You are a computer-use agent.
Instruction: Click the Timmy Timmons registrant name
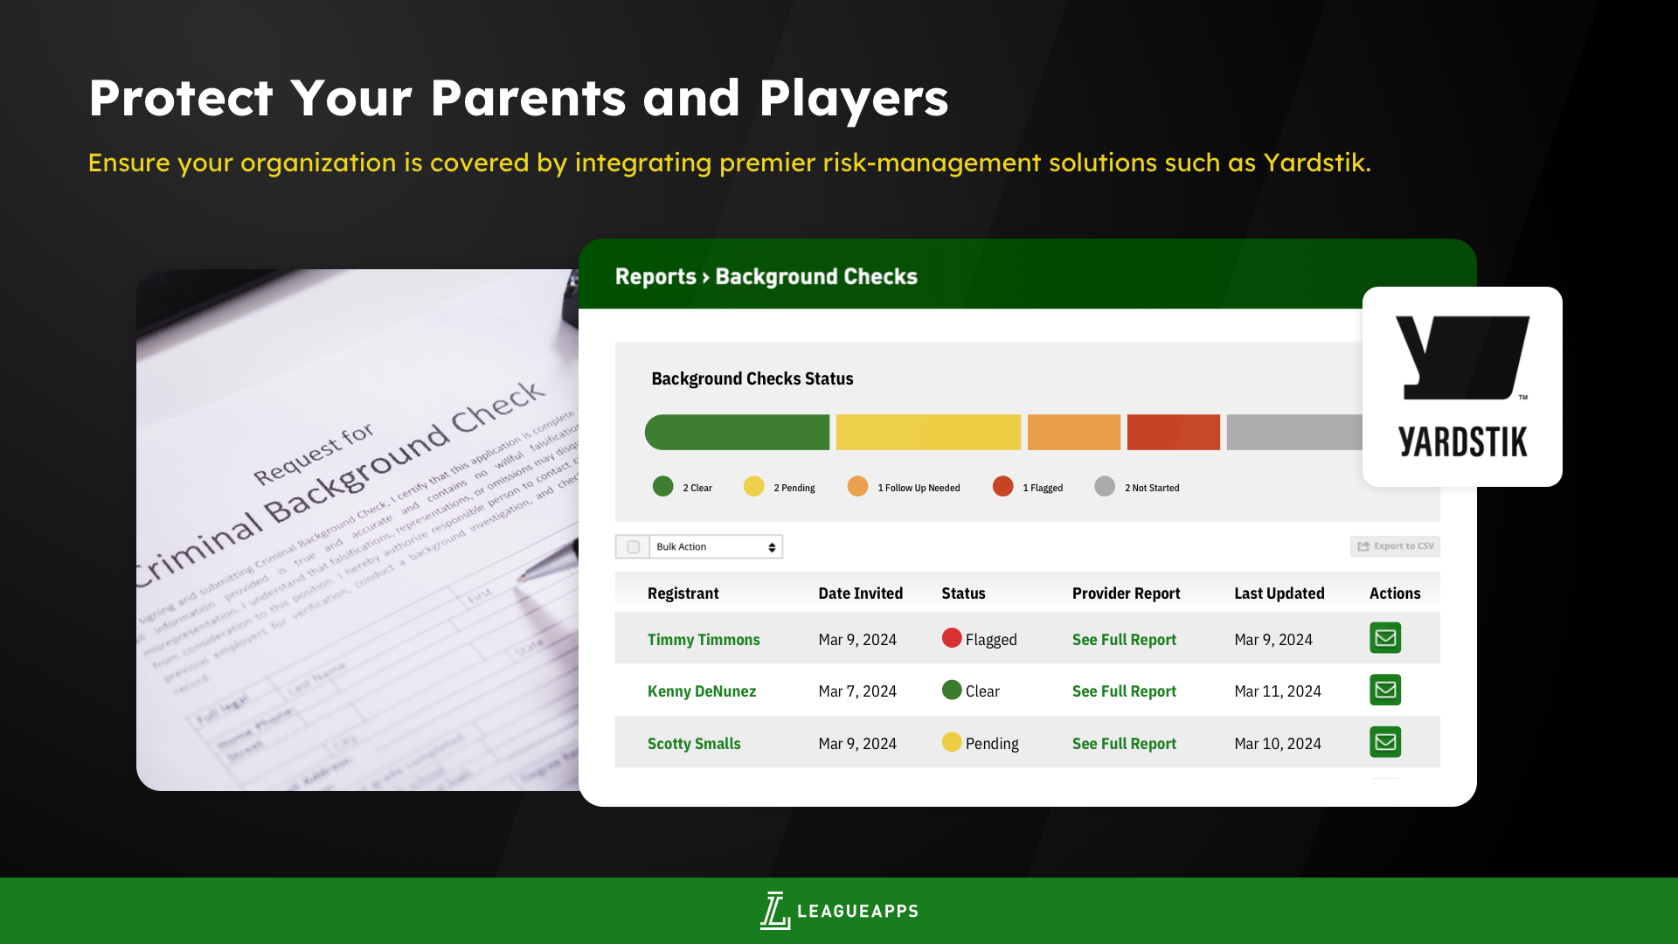704,640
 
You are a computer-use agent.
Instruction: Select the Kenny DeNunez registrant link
702,691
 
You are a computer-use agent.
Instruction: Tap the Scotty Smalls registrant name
694,744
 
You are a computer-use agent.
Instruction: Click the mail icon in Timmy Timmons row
1385,638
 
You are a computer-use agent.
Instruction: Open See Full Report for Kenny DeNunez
1124,691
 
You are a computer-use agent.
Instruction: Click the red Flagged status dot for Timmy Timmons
952,638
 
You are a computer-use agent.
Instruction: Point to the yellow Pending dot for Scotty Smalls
952,742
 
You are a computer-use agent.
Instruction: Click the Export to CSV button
1395,546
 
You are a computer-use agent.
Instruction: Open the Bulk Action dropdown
716,547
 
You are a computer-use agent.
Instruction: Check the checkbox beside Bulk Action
634,547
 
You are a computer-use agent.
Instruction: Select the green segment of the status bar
737,433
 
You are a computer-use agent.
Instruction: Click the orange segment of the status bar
1073,433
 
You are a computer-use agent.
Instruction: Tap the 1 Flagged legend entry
1029,487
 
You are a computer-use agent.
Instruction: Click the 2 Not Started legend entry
1137,487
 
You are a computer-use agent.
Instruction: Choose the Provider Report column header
1126,593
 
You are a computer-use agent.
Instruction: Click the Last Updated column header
1279,593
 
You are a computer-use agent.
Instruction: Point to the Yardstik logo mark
1462,358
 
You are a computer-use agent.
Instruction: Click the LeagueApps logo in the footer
839,911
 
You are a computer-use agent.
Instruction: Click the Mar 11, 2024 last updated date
1278,691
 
